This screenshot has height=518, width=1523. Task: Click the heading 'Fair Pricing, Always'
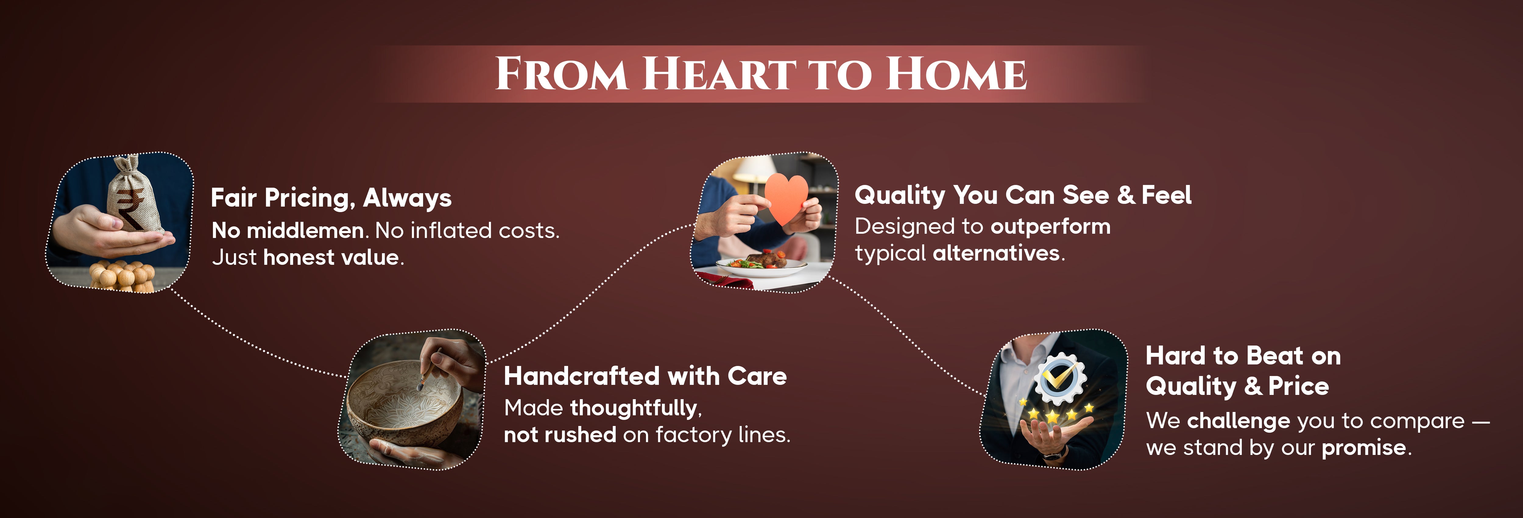click(x=331, y=198)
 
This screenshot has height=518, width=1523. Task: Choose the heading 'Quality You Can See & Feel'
click(x=1023, y=195)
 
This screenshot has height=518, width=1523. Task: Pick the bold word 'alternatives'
click(x=996, y=253)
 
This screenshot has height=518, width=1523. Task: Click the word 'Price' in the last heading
click(x=1298, y=387)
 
